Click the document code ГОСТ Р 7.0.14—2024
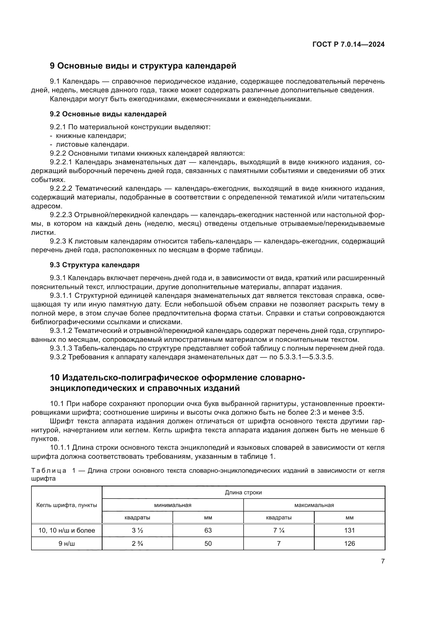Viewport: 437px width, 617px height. pos(348,45)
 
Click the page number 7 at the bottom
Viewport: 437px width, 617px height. pos(383,561)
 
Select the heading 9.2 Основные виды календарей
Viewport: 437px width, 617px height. pos(108,114)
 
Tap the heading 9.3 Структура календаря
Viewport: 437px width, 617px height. pos(95,265)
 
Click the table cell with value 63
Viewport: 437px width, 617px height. pos(208,530)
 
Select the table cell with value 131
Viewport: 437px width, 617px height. pos(349,530)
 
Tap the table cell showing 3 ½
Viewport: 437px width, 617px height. pos(137,530)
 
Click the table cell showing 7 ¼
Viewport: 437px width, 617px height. pos(279,530)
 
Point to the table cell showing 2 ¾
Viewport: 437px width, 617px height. pos(137,543)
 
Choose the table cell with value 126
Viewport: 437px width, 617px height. pos(349,543)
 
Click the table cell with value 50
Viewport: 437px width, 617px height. pos(208,543)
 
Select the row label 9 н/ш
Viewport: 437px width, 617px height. pos(67,543)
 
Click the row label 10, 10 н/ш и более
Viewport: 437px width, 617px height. pos(67,530)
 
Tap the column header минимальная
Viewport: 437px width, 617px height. pos(173,505)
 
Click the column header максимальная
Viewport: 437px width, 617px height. pos(314,505)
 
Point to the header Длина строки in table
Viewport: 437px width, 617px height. pos(243,492)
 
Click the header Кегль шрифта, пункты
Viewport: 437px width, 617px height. pos(67,505)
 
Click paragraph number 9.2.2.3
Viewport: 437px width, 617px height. pos(61,215)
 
